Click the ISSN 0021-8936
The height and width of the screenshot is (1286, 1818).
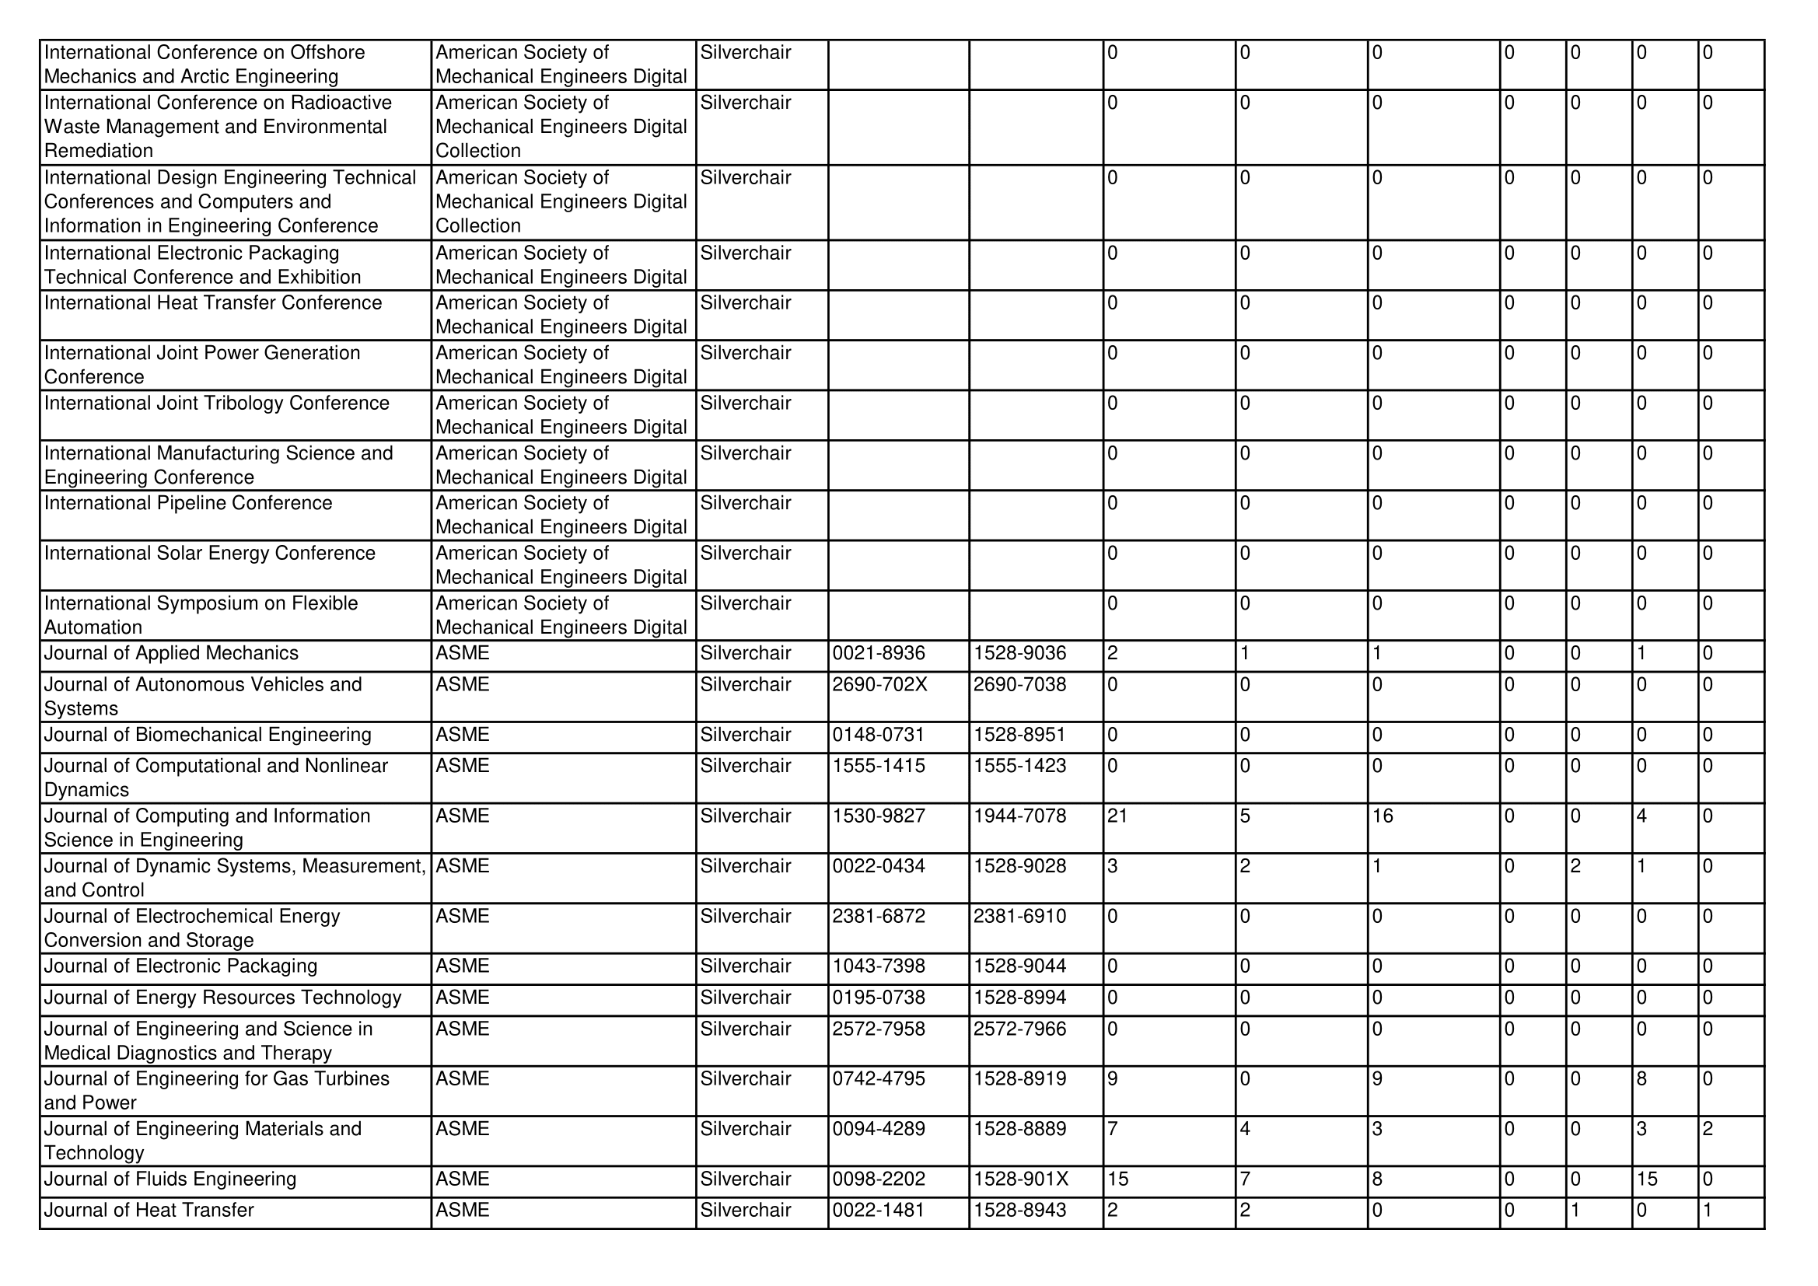coord(878,653)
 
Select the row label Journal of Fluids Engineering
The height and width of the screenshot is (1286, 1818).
coord(170,1179)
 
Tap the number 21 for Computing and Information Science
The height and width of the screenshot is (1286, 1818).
coord(1117,816)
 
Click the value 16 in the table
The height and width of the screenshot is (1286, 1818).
coord(1383,816)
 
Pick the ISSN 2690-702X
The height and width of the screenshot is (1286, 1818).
coord(879,684)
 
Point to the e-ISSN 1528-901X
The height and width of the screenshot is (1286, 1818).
coord(1021,1179)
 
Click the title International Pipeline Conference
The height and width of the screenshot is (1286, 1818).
coord(188,503)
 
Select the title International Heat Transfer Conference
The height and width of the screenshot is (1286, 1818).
coord(213,302)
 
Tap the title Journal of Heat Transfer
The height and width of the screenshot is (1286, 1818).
coord(149,1210)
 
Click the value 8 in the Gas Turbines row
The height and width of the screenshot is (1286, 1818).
coord(1642,1078)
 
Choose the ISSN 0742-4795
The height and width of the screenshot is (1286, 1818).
coord(878,1078)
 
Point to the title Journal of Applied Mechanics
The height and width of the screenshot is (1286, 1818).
coord(171,653)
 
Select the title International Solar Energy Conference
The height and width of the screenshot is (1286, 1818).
coord(210,553)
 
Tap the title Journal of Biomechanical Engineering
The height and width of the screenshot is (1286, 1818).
coord(208,734)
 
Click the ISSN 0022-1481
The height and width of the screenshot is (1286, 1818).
coord(878,1210)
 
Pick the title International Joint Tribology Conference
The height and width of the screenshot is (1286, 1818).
coord(217,403)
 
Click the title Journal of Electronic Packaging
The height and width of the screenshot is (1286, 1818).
coord(180,966)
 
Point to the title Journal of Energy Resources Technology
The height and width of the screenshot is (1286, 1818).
coord(222,997)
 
